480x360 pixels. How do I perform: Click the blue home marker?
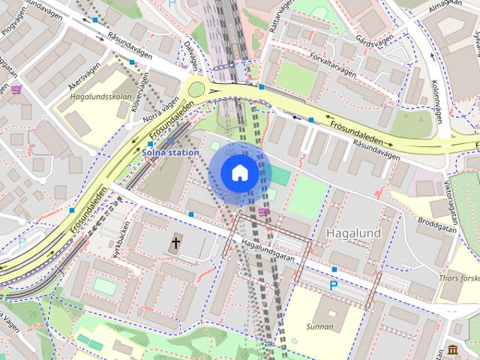click(x=239, y=173)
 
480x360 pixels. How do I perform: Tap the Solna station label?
click(x=171, y=152)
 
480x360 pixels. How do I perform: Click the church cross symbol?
click(x=176, y=242)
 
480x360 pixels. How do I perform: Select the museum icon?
click(x=453, y=351)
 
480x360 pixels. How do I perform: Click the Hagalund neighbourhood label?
click(x=353, y=233)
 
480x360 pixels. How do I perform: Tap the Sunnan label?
click(x=319, y=326)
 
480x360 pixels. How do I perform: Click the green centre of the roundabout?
click(x=196, y=90)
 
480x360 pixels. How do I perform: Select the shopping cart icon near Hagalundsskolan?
click(x=16, y=90)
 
